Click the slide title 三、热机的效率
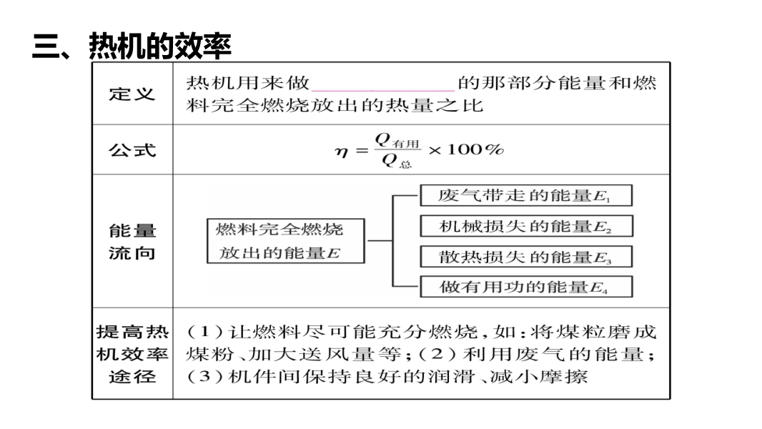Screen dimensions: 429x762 [x=132, y=47]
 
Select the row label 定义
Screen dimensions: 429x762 [x=132, y=94]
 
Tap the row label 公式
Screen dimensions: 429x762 [x=132, y=149]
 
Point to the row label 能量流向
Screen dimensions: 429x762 [x=132, y=242]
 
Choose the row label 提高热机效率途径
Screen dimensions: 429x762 [x=132, y=354]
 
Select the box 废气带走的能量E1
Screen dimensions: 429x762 [x=525, y=195]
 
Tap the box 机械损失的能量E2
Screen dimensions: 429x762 [x=525, y=226]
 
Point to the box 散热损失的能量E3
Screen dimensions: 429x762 [x=525, y=257]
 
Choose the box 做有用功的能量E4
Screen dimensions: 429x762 [x=525, y=287]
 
